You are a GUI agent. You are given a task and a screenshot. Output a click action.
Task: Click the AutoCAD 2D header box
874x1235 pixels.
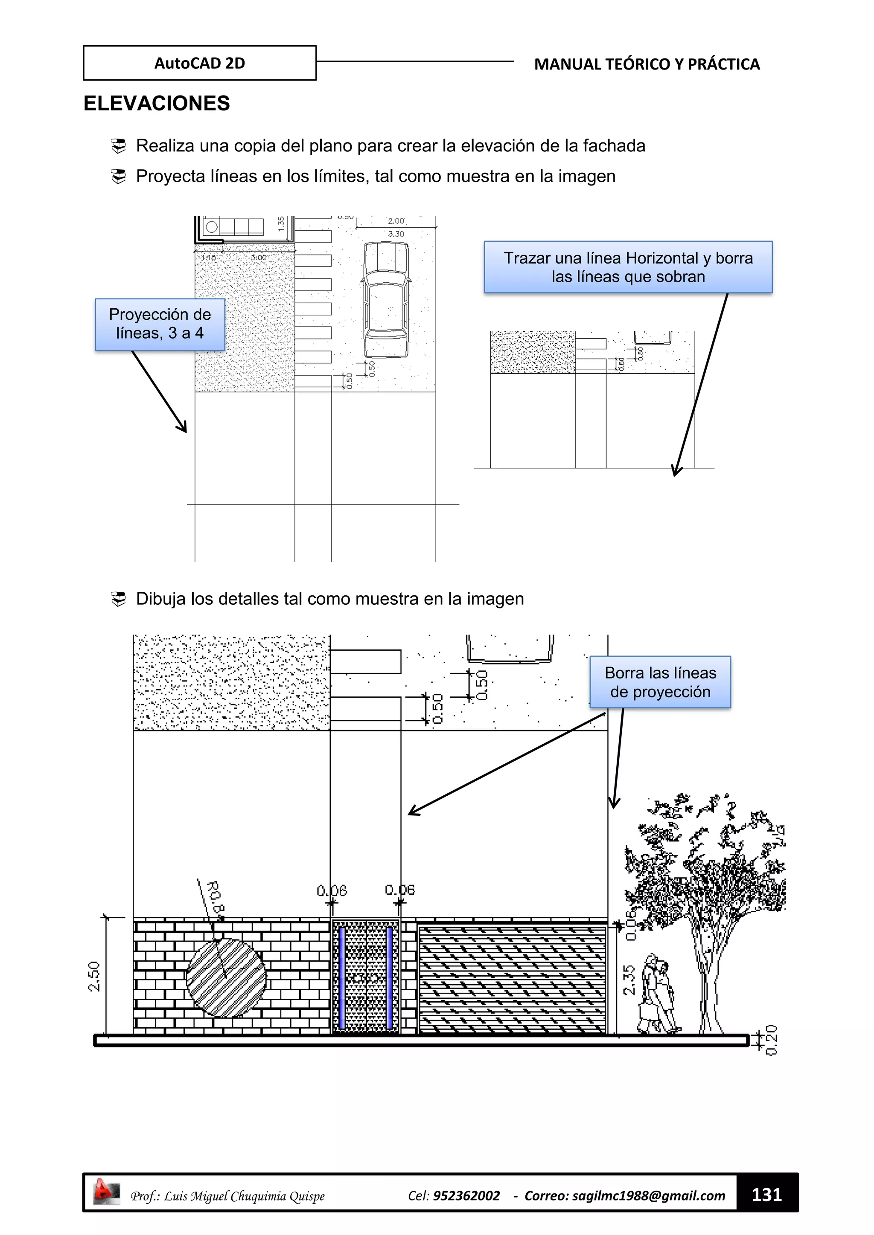pos(200,63)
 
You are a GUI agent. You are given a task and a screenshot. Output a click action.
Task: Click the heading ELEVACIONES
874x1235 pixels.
pos(157,103)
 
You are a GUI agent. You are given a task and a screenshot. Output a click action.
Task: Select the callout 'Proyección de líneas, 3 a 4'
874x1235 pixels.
pos(160,324)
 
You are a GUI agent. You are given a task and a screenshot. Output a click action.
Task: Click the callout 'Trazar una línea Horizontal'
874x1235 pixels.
pos(628,267)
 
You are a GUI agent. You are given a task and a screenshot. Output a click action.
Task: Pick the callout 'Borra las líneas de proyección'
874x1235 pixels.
pos(660,682)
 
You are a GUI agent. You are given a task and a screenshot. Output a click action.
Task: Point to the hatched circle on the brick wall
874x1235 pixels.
pos(226,978)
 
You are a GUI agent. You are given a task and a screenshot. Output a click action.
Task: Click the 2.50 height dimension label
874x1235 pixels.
pos(94,976)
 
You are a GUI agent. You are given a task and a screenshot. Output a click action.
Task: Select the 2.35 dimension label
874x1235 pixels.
pos(629,980)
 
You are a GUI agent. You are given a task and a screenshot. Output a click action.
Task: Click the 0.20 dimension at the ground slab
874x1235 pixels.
pos(771,1040)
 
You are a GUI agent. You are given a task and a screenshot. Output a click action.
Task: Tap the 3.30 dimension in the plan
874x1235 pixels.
pos(396,234)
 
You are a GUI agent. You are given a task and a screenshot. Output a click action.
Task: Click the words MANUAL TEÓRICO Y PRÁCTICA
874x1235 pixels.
pos(647,64)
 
